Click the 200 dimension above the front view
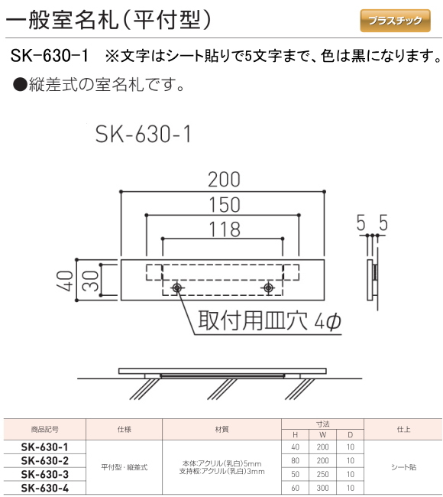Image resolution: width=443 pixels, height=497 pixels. [x=224, y=180]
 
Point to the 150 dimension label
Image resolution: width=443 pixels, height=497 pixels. [x=224, y=205]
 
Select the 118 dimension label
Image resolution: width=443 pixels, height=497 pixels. [x=224, y=229]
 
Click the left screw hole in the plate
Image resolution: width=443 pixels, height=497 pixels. [x=177, y=288]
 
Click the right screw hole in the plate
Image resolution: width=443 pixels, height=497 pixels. [x=268, y=288]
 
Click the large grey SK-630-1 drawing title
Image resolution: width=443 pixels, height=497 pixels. [x=144, y=134]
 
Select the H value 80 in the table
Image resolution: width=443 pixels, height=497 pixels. [x=296, y=461]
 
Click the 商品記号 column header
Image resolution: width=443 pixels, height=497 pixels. [x=44, y=430]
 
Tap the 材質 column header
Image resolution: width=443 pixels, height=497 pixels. [x=221, y=430]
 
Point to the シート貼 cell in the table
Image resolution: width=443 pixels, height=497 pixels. [x=404, y=467]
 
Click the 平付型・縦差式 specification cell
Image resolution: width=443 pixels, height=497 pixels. [x=124, y=467]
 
